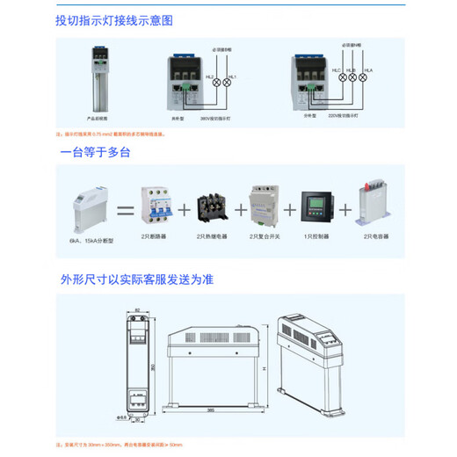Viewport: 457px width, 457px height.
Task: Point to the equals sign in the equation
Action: tap(122, 211)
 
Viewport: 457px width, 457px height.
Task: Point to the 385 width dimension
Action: tap(212, 410)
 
